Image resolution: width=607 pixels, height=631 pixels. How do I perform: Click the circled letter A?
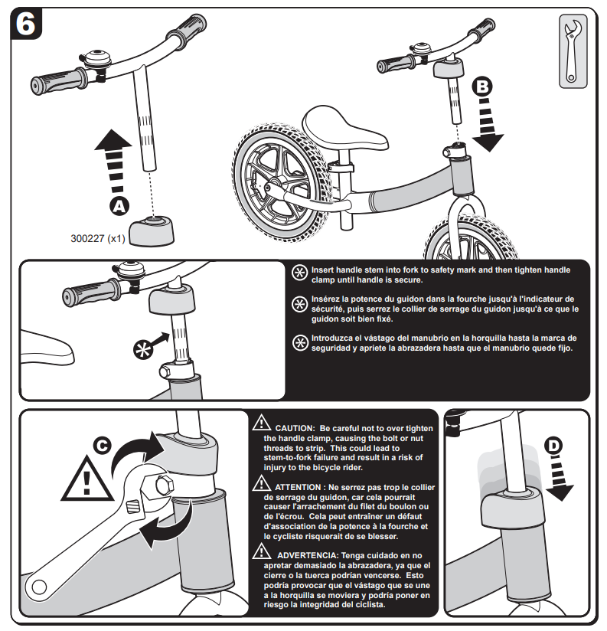click(x=118, y=205)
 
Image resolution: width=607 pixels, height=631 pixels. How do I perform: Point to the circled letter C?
click(x=101, y=446)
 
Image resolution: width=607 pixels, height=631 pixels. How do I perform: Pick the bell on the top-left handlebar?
click(x=98, y=60)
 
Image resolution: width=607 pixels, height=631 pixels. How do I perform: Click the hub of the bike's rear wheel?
click(x=272, y=185)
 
